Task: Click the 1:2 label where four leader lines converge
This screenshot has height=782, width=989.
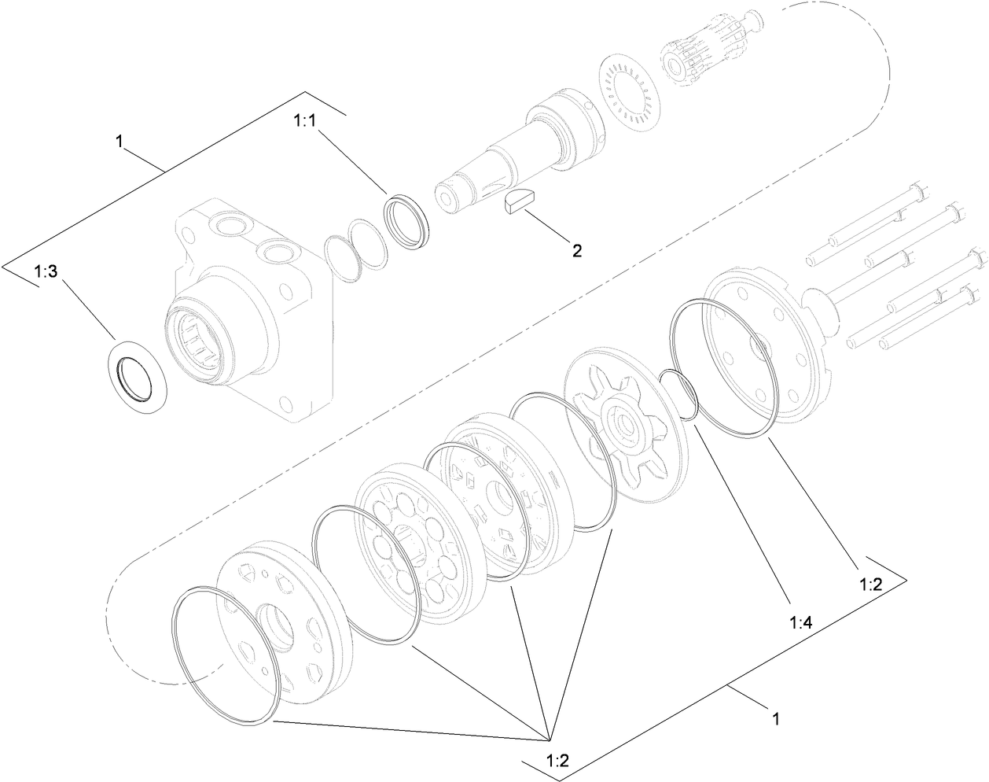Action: [557, 760]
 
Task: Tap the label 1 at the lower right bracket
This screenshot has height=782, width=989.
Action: [776, 718]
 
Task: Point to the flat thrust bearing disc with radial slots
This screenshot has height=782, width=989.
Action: [633, 87]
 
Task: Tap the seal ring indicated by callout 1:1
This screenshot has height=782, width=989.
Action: [407, 223]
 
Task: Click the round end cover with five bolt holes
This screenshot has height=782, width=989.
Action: [767, 346]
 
